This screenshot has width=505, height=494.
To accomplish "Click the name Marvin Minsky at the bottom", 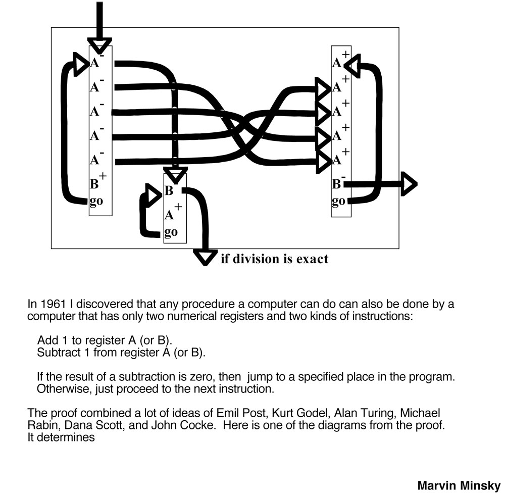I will pyautogui.click(x=459, y=485).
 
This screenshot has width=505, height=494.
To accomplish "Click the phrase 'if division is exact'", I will pyautogui.click(x=274, y=259).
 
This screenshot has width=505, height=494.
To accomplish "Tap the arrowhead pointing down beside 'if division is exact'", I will pyautogui.click(x=205, y=257).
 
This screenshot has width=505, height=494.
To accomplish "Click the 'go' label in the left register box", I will pyautogui.click(x=96, y=202).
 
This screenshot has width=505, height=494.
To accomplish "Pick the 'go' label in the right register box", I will pyautogui.click(x=339, y=201).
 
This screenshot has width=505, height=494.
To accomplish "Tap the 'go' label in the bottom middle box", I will pyautogui.click(x=171, y=232).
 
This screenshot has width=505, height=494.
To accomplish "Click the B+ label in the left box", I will pyautogui.click(x=97, y=182).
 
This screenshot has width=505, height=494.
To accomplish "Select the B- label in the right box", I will pyautogui.click(x=338, y=183).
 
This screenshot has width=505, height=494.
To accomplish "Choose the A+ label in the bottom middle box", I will pyautogui.click(x=173, y=213).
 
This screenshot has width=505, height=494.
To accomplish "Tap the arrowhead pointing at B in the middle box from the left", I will pyautogui.click(x=152, y=192).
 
